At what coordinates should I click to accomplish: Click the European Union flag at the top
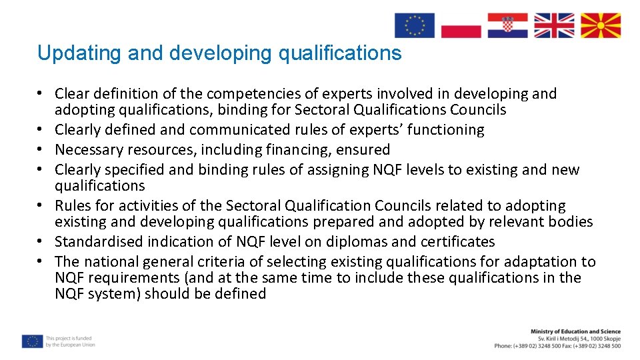[414, 25]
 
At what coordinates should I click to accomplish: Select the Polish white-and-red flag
[461, 25]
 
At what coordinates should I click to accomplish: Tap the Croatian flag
[507, 25]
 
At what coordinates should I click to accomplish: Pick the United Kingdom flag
[554, 25]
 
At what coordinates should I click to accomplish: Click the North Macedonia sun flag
[601, 25]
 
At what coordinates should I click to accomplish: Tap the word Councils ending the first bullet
[478, 110]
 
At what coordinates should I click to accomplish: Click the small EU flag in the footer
[31, 341]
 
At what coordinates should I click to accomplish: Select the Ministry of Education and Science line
[575, 331]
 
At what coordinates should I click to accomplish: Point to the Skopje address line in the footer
[579, 339]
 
